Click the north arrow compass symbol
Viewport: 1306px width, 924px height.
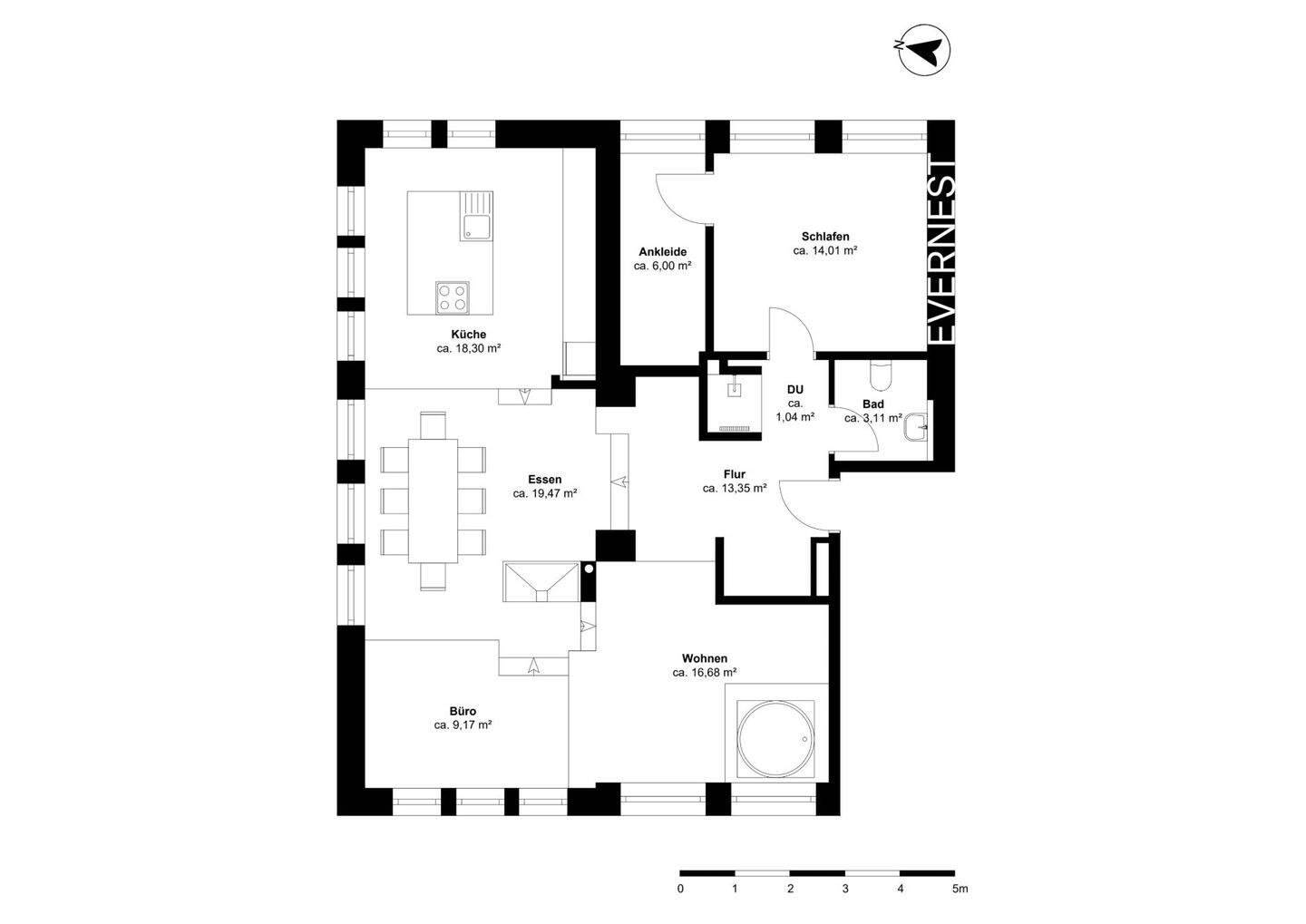coord(923,51)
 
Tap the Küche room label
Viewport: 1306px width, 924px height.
coord(469,335)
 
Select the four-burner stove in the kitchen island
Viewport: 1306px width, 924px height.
coord(453,296)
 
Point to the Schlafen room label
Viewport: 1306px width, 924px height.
coord(825,237)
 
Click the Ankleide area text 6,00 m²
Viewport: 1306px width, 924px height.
coord(662,266)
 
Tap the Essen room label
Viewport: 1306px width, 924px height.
coord(545,480)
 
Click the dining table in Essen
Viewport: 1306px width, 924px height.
coord(433,501)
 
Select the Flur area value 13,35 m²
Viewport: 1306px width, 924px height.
coord(735,488)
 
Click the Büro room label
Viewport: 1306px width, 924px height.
coord(463,711)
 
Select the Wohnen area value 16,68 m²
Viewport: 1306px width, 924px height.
coord(704,673)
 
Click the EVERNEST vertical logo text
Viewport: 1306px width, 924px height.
coord(942,251)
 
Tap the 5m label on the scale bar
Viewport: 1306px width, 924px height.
coord(960,890)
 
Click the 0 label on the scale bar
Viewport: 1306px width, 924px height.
coord(680,890)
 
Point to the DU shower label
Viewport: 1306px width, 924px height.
coord(795,390)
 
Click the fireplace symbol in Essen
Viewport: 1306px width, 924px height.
coord(540,581)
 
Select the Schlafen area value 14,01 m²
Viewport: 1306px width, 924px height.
coord(825,251)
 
